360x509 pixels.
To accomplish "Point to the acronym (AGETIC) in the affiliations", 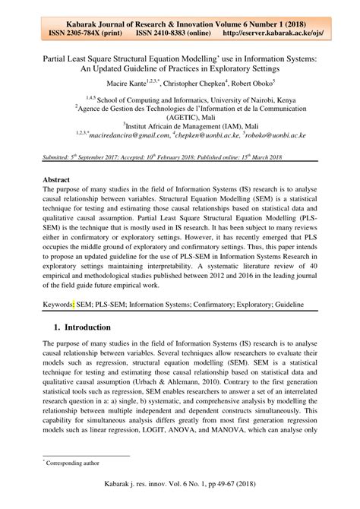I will point(180,118).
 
